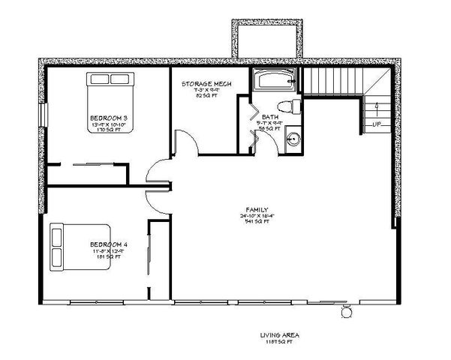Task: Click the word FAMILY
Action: [257, 210]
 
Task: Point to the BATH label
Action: [269, 117]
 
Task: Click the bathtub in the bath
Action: [275, 80]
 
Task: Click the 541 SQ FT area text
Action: [257, 221]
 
